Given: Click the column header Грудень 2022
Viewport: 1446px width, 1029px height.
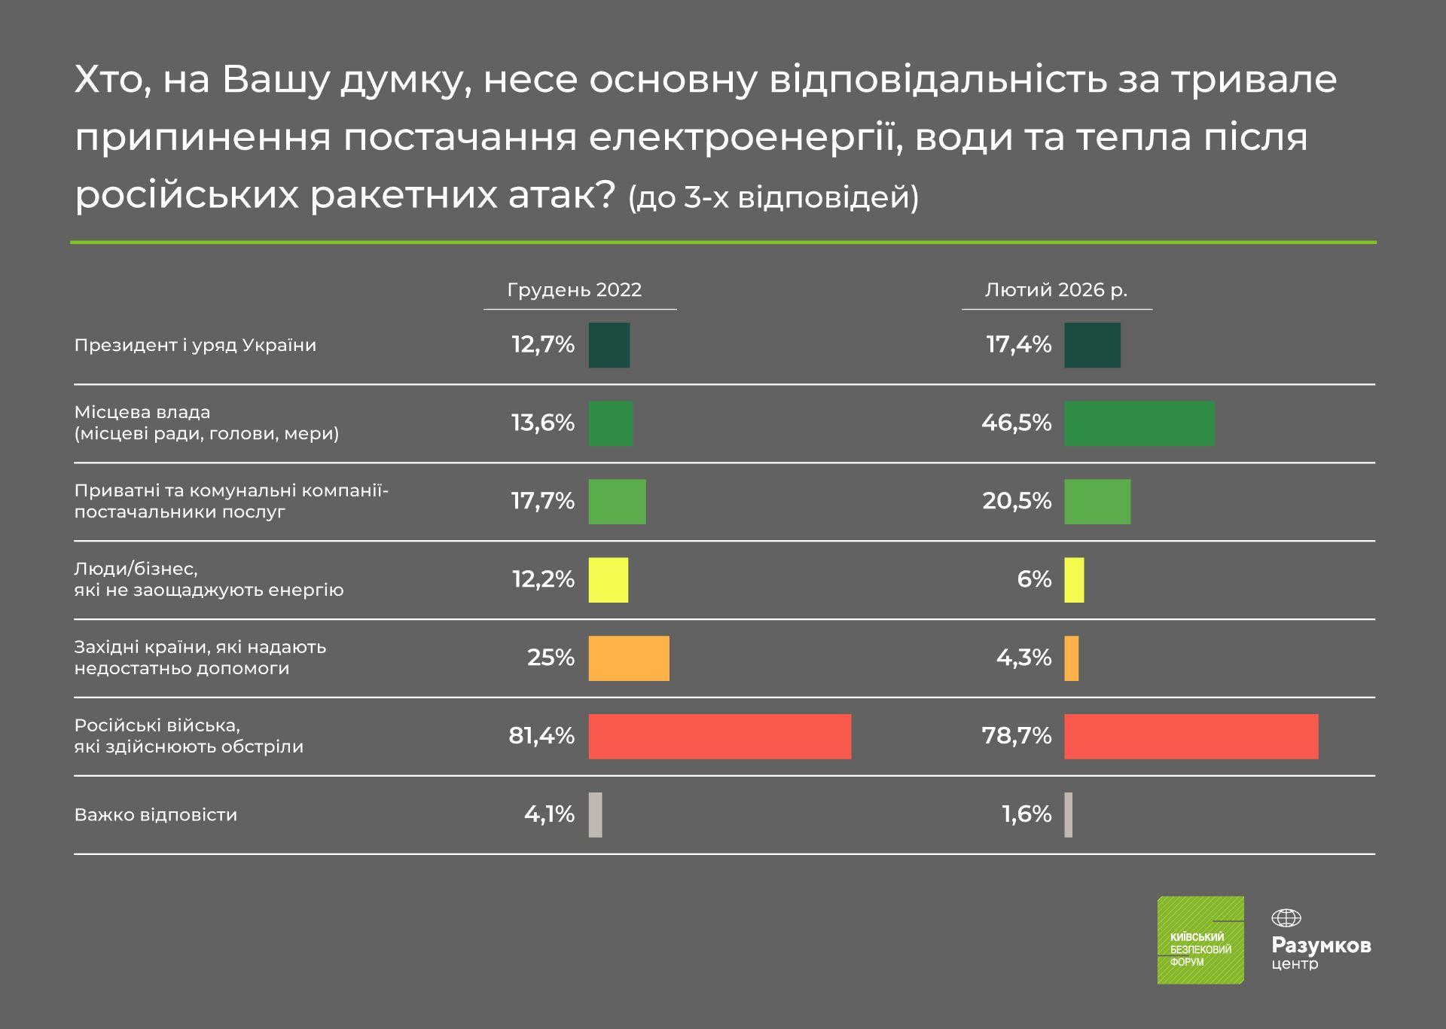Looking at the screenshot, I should [x=574, y=290].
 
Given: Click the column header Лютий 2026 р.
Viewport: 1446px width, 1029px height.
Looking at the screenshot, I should [x=1056, y=290].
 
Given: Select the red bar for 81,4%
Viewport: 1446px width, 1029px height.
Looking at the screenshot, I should [x=719, y=736].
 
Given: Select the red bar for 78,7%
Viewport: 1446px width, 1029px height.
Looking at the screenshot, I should [x=1191, y=736].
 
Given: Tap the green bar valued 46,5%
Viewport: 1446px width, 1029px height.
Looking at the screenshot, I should [x=1139, y=423].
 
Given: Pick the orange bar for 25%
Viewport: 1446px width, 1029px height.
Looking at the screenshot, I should [x=628, y=658].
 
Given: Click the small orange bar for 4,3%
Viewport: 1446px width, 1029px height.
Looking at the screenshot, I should [x=1071, y=658].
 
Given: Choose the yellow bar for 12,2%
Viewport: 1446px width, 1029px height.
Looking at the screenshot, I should [x=608, y=579].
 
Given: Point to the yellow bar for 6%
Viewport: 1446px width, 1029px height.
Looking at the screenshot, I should [x=1074, y=579].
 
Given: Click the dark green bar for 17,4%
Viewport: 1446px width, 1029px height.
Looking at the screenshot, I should [x=1092, y=345].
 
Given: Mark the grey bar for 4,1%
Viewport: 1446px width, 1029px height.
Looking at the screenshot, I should [x=595, y=814].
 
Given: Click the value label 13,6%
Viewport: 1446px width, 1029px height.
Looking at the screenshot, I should [x=542, y=423].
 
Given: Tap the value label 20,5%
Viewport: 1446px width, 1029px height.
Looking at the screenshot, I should [x=1017, y=501].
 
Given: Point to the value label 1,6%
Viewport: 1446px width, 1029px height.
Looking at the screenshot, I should [x=1026, y=814].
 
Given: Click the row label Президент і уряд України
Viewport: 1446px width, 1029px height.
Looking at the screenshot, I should [x=195, y=345].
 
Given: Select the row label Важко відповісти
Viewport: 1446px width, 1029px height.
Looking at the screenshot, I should [x=155, y=815].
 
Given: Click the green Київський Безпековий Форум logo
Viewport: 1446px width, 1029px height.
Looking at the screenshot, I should [x=1200, y=939].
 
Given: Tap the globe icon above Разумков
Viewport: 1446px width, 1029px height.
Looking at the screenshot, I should [x=1286, y=918].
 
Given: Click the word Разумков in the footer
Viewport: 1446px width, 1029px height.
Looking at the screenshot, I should [x=1321, y=945].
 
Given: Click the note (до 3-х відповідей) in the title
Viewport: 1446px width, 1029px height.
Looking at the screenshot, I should [x=773, y=197].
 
